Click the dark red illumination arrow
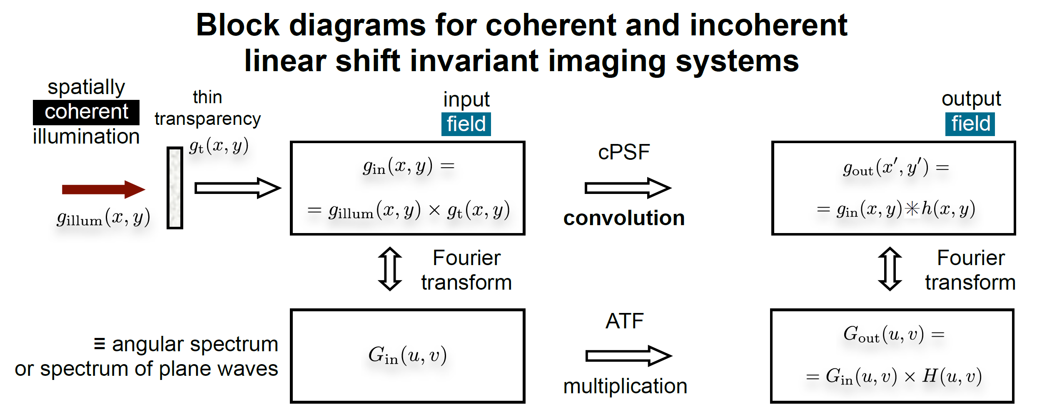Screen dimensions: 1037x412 [103, 190]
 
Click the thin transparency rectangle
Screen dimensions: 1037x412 [175, 188]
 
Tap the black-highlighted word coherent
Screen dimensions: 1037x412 [86, 112]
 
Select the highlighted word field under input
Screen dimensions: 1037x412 [466, 124]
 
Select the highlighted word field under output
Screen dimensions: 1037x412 [970, 124]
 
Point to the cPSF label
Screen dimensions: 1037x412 [623, 152]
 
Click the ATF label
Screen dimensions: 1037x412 [624, 321]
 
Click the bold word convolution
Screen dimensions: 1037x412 [624, 218]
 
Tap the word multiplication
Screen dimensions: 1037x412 [625, 386]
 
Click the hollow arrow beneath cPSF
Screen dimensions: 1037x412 [628, 188]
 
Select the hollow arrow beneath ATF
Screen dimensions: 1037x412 [628, 356]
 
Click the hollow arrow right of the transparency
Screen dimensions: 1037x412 [238, 188]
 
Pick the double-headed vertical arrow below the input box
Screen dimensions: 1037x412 [390, 269]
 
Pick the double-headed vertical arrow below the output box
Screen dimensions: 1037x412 [890, 269]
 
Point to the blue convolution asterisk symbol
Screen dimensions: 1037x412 [912, 208]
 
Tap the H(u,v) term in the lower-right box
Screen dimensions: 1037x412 [952, 376]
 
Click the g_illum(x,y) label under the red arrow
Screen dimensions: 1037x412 [103, 218]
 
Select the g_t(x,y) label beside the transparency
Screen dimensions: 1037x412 [219, 146]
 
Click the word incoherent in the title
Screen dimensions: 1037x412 [768, 25]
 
